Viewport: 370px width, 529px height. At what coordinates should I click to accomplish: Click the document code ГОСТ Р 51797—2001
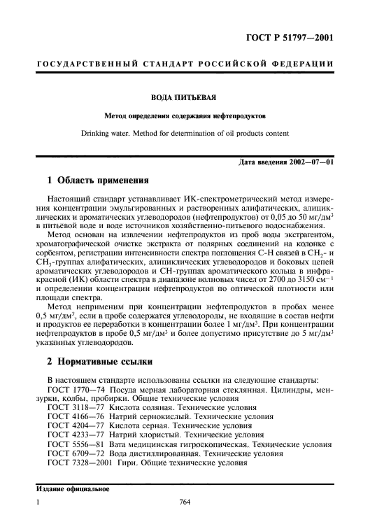click(x=285, y=37)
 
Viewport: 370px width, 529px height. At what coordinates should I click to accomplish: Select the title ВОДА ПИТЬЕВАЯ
click(x=185, y=98)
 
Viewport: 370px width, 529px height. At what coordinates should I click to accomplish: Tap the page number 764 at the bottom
click(x=185, y=502)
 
